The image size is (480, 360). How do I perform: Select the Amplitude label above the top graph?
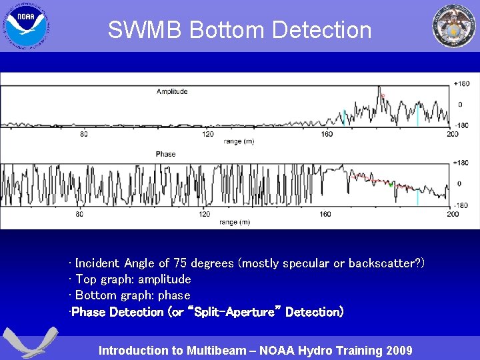click(172, 91)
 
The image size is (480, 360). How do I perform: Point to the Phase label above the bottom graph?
click(165, 154)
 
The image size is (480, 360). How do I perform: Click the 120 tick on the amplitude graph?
click(208, 134)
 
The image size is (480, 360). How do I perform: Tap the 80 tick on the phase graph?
click(79, 214)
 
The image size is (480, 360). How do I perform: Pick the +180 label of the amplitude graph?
click(461, 83)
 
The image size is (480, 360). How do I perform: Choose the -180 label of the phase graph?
click(461, 205)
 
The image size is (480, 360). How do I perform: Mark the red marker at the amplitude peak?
click(383, 96)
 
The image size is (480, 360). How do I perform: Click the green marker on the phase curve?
click(391, 185)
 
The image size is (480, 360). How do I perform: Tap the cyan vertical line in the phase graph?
click(417, 198)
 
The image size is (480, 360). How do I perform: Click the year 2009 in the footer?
click(398, 351)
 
